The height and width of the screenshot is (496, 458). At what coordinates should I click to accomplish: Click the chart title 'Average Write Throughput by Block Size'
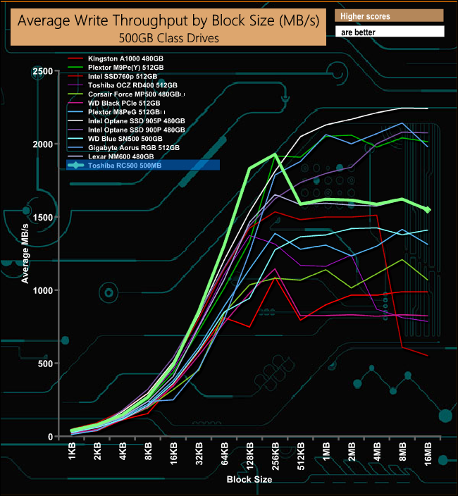(168, 21)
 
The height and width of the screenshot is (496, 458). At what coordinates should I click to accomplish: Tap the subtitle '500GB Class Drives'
(168, 37)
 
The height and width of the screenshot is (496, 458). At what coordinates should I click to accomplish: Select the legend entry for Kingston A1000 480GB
(123, 57)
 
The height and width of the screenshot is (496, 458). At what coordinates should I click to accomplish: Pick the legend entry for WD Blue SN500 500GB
(125, 139)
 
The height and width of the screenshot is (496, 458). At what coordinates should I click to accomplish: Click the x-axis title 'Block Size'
(249, 480)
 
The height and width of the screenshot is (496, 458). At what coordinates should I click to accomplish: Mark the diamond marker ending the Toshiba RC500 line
(428, 209)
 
